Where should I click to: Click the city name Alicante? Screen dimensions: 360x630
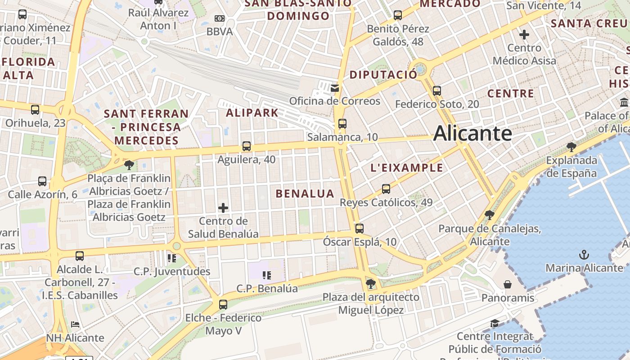tap(472, 134)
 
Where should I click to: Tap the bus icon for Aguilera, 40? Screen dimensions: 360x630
tap(246, 146)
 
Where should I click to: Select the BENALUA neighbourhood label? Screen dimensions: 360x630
tap(305, 194)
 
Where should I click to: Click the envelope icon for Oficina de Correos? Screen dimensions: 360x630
tap(334, 88)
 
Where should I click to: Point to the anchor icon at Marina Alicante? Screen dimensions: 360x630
tap(584, 255)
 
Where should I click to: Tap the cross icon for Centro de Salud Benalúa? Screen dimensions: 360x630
tap(223, 208)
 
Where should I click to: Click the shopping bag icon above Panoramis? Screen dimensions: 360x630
tap(508, 284)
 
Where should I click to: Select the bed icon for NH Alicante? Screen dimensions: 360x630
tap(75, 324)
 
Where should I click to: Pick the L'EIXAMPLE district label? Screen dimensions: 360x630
tap(406, 168)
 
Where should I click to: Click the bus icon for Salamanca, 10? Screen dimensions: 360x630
tap(342, 124)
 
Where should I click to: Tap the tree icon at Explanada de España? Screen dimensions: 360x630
tap(571, 147)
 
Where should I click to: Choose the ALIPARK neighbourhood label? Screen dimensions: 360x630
tap(252, 113)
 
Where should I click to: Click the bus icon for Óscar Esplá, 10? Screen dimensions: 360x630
tap(359, 229)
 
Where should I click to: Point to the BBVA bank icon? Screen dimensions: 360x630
tap(219, 18)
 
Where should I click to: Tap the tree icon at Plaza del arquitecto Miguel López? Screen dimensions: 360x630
tap(370, 283)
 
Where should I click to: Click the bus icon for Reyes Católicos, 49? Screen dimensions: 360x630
tap(386, 189)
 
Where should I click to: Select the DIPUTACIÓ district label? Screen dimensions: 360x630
tap(383, 75)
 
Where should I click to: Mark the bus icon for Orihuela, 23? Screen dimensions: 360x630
tap(35, 109)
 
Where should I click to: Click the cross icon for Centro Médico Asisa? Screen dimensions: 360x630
tap(524, 34)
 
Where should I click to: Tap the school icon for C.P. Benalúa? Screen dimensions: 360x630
tap(266, 275)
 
